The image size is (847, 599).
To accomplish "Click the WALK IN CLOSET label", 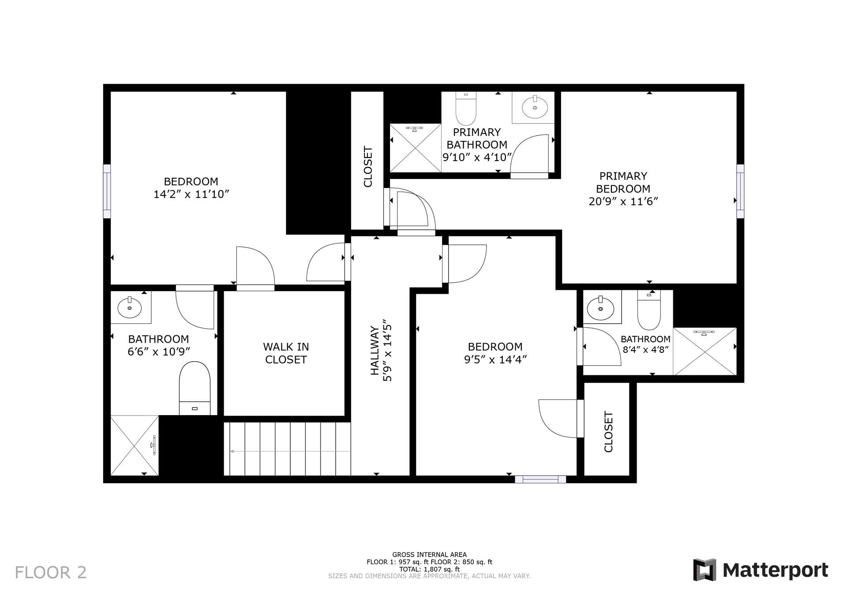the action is [286, 353].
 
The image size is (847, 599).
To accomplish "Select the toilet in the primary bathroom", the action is [466, 109].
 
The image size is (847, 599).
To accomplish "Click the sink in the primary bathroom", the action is [535, 107].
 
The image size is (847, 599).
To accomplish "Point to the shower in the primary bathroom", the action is [415, 148].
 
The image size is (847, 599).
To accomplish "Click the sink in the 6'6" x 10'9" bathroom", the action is [130, 307].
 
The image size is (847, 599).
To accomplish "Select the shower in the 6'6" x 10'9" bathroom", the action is [134, 446].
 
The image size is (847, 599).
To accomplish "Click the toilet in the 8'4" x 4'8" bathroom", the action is [649, 311].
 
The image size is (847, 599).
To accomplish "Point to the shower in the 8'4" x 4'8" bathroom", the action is [705, 352].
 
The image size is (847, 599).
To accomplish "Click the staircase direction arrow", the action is [290, 451].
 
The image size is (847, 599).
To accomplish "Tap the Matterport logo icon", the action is [705, 570].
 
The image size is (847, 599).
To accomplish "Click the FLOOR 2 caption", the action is [51, 573].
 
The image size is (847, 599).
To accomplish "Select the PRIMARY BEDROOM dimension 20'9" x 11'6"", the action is [623, 202].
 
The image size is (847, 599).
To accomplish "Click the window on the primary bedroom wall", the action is [740, 191].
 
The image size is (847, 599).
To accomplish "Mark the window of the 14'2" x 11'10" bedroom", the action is [107, 191].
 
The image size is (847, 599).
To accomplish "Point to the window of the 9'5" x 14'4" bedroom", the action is [540, 479].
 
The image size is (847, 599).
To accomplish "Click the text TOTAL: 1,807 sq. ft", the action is [429, 569].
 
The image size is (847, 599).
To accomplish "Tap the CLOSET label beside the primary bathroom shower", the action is [367, 167].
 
